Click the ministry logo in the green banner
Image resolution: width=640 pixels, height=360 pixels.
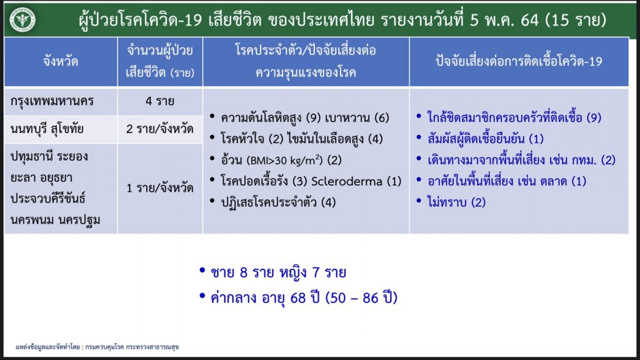pos(22,19)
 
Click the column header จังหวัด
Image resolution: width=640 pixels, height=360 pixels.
pos(61,62)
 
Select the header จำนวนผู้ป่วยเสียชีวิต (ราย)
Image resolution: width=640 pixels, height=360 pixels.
pos(160,62)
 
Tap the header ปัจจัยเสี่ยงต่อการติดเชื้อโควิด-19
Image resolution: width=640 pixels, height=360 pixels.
pos(519,62)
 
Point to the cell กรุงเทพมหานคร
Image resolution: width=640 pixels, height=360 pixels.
pos(52,101)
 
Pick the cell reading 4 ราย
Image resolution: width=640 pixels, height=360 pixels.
pos(160,101)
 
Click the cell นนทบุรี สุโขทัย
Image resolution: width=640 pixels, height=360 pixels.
pos(47,129)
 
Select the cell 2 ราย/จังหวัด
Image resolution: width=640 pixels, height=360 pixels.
pos(160,129)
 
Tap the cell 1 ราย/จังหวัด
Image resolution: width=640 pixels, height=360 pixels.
pos(160,188)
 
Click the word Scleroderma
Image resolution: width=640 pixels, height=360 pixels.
pos(346,181)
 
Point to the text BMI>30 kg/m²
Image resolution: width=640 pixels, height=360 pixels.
pos(284,160)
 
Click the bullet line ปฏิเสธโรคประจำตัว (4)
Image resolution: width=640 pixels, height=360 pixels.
pos(278,202)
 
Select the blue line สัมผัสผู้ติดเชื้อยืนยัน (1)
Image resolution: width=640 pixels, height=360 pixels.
pos(485,139)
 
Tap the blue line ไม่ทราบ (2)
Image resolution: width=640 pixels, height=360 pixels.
pos(456,202)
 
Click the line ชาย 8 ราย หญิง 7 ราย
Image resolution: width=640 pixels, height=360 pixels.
pos(278,272)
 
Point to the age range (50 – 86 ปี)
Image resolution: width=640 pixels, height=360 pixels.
pos(361,298)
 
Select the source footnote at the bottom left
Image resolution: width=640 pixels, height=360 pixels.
pos(97,347)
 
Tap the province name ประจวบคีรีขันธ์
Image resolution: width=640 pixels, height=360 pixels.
pos(48,199)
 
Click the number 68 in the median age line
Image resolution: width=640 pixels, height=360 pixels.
pos(298,298)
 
